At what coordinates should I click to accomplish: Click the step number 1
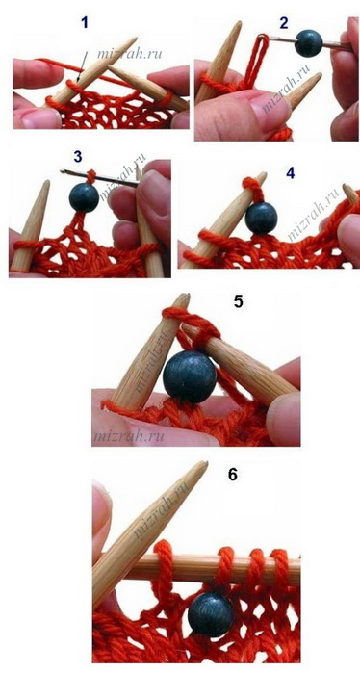(85, 22)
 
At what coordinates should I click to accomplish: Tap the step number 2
(284, 23)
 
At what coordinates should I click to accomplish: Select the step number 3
(77, 157)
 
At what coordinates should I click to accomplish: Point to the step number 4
(291, 173)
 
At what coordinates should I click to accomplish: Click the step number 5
(239, 301)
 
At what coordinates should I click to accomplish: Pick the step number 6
(233, 475)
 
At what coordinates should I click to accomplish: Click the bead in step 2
(309, 43)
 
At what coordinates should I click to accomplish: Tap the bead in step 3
(84, 197)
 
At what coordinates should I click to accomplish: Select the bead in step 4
(261, 219)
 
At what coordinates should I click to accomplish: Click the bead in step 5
(190, 377)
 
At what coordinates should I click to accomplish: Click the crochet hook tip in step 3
(63, 171)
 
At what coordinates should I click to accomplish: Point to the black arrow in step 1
(82, 66)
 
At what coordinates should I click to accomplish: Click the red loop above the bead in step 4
(252, 188)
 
